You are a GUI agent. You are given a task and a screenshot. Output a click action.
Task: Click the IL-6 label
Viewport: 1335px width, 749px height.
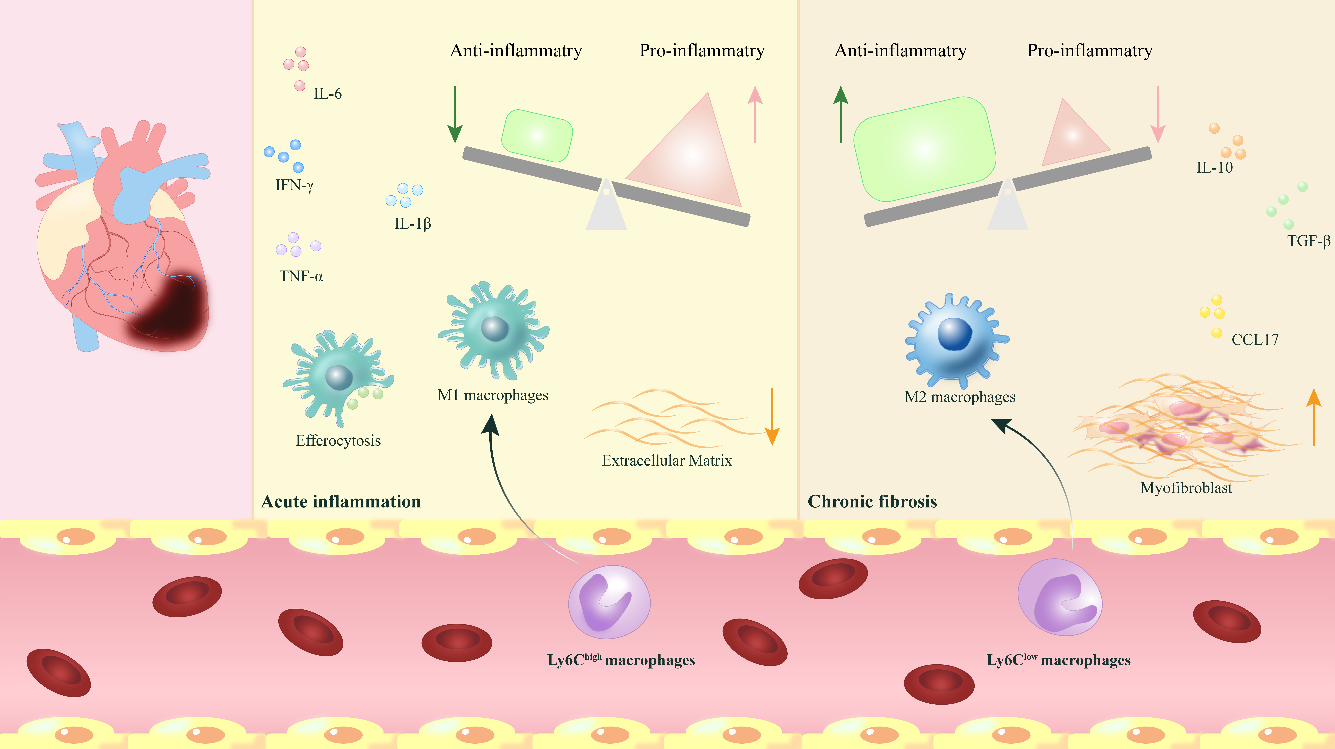click(x=328, y=94)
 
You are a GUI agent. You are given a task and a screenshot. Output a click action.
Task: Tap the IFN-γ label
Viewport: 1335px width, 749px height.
click(x=294, y=185)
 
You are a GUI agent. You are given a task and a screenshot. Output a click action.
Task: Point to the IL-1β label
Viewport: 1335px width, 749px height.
click(x=413, y=223)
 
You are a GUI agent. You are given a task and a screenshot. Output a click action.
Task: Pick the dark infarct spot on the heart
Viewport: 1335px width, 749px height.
click(x=171, y=311)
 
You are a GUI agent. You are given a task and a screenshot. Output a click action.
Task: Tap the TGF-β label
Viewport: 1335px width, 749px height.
click(x=1309, y=241)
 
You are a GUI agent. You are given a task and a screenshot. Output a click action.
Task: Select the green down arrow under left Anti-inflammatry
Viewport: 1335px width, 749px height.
click(x=455, y=114)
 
